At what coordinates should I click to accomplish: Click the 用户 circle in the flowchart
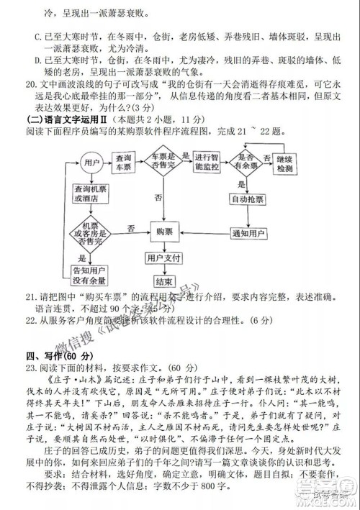click(89, 163)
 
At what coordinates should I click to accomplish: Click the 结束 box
click(163, 282)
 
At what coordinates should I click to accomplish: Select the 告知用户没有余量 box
click(89, 275)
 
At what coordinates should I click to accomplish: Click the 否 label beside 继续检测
click(266, 154)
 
